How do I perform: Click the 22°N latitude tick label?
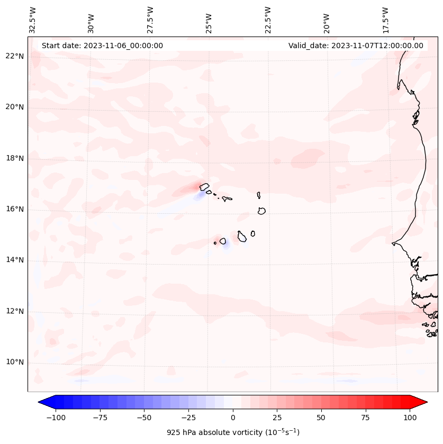coord(15,56)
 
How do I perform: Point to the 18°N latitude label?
coord(15,158)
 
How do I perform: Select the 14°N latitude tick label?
coord(15,260)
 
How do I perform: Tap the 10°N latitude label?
coord(15,362)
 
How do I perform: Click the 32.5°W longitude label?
coord(33,20)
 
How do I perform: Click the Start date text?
coord(102,46)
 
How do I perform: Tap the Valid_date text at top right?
coord(356,46)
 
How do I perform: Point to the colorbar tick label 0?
coord(233,418)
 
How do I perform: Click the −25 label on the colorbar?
coord(188,418)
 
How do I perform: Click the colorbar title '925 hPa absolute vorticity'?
coord(233,432)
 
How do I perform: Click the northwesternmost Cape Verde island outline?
coord(204,186)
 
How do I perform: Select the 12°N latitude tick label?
coord(15,311)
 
